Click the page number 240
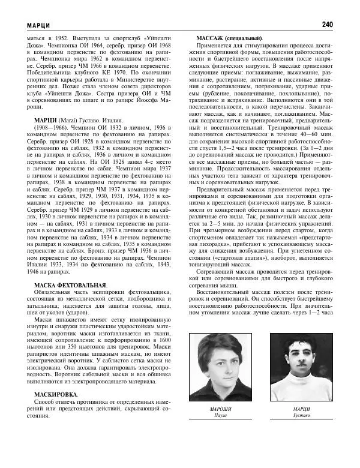tap(326, 25)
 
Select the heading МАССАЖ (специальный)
tap(229, 38)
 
